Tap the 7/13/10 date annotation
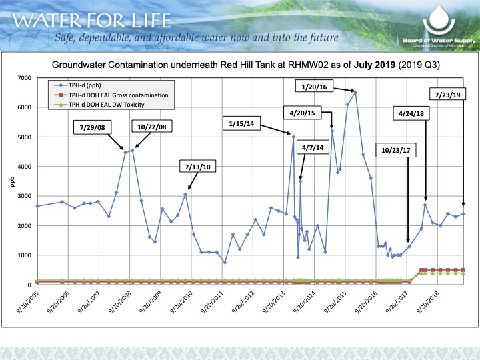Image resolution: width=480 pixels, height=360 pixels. click(x=197, y=165)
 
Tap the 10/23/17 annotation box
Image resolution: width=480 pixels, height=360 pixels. click(x=396, y=150)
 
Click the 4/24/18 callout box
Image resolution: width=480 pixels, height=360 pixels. click(x=413, y=114)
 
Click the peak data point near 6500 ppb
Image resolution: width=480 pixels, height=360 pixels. click(x=355, y=92)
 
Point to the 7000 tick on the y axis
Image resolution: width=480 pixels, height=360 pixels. click(x=24, y=78)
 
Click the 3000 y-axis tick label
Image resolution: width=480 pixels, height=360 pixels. click(x=24, y=196)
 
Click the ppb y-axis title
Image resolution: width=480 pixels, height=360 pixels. click(x=12, y=181)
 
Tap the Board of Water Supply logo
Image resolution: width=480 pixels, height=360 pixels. click(x=439, y=25)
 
